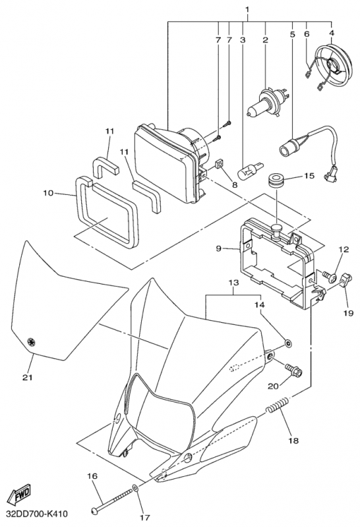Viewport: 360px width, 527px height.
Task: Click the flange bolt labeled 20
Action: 293,370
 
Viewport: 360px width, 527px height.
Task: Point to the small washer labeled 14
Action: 288,343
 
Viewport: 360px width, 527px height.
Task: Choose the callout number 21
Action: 28,377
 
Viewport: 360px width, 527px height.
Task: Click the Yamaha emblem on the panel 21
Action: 31,341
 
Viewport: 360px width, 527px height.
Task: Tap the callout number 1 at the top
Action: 247,9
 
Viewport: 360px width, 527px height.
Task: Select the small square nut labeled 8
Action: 220,164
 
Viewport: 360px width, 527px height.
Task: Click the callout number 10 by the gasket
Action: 48,193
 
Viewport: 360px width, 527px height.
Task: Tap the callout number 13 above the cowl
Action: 234,283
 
